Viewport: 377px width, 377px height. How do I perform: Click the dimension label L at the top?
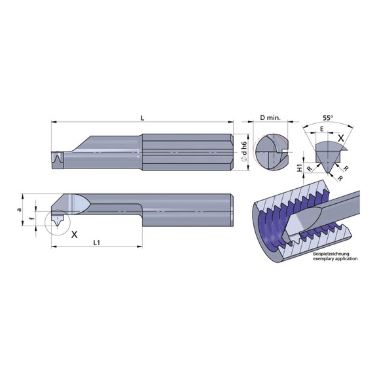[142, 118]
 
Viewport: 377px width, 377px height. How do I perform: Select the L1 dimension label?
[96, 243]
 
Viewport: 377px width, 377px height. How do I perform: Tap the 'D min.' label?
[270, 118]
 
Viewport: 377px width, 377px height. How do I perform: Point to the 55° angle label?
[328, 118]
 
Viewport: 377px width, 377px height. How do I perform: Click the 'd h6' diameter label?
[244, 151]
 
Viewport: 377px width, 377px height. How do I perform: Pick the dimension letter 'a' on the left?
[20, 210]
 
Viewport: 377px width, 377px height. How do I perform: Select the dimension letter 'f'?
[30, 218]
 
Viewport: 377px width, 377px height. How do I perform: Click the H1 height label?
[299, 168]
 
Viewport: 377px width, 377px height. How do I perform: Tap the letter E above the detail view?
[322, 129]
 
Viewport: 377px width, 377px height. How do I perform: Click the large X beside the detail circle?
[75, 234]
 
